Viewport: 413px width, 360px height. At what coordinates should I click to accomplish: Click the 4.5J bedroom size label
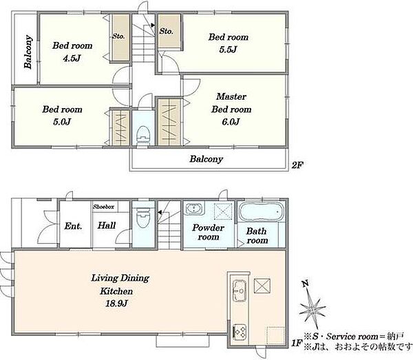[x=72, y=58]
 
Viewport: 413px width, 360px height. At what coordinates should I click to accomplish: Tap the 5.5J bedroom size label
[x=228, y=50]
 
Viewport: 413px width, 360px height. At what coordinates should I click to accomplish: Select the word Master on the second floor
[x=231, y=96]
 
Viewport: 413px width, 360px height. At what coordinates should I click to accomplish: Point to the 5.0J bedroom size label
[x=62, y=122]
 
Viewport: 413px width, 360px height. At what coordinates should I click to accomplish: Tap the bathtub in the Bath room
[x=262, y=211]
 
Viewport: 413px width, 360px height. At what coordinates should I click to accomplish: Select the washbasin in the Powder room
[x=194, y=209]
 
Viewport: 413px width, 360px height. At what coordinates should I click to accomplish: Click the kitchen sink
[x=240, y=289]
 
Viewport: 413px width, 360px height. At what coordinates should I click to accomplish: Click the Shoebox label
[x=103, y=207]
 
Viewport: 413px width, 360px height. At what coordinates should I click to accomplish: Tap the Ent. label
[x=73, y=226]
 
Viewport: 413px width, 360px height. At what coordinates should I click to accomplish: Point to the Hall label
[x=107, y=225]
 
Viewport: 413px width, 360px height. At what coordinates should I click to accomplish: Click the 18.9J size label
[x=116, y=304]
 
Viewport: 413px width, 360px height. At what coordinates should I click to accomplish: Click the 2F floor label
[x=297, y=165]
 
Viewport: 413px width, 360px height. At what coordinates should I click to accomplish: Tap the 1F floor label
[x=296, y=343]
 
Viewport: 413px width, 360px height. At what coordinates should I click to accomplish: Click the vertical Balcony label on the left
[x=28, y=52]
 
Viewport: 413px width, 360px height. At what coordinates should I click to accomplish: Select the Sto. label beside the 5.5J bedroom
[x=166, y=31]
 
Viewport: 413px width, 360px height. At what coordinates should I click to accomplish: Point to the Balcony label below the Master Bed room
[x=206, y=159]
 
